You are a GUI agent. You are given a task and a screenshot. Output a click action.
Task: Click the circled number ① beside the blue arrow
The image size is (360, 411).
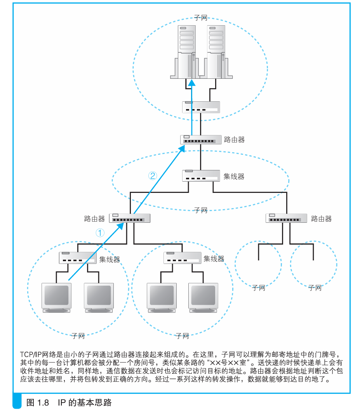pos(100,232)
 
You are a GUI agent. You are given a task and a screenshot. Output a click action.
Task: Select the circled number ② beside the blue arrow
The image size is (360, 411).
pos(153,175)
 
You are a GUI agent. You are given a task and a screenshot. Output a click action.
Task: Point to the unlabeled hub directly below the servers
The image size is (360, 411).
pos(201,107)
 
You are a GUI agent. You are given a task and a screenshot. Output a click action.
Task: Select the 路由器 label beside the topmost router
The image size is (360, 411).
pos(234,140)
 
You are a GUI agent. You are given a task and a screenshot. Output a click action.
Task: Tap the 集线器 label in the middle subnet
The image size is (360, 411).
pos(234,177)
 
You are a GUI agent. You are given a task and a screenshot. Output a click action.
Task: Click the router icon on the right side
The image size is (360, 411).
pos(286,218)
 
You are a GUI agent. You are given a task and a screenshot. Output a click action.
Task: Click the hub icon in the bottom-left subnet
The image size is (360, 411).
pos(77,258)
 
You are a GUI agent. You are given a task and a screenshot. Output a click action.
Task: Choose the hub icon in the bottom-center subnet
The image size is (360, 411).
pos(182,258)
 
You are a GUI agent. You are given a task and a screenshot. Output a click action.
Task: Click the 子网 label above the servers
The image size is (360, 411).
pos(200,18)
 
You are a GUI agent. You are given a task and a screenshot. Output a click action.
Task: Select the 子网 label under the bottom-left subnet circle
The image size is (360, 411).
pos(78,336)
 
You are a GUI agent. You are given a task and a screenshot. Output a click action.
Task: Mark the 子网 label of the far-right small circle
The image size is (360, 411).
pos(315,288)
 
